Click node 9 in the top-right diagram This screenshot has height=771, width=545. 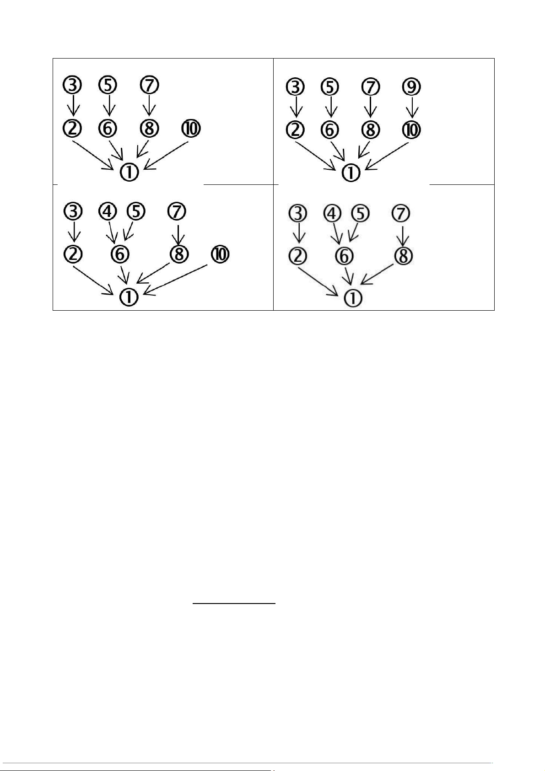tap(412, 87)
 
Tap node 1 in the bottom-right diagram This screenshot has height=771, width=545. tap(352, 298)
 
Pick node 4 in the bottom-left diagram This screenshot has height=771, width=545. tap(108, 211)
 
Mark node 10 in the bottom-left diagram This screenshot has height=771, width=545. tap(220, 254)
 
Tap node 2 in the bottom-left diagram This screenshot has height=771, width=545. tap(72, 254)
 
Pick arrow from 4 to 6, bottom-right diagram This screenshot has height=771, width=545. tap(337, 233)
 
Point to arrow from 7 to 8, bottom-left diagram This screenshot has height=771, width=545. tap(178, 232)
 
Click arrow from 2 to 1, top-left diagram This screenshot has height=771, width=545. tap(94, 156)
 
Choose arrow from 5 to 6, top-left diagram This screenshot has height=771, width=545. tap(109, 105)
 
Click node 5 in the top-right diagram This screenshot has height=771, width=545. tap(330, 87)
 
